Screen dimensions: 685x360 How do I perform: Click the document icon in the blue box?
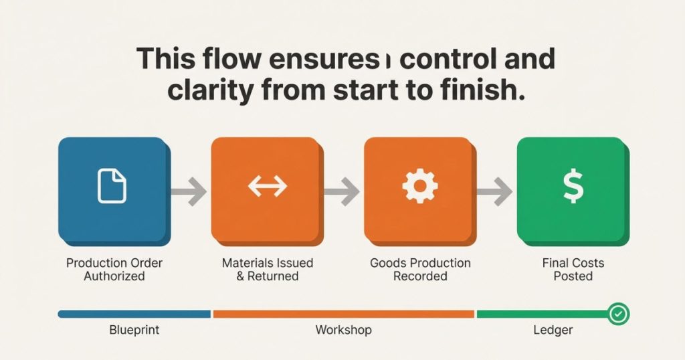112,187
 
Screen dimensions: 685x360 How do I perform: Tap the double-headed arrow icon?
268,187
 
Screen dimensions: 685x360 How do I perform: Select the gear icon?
420,185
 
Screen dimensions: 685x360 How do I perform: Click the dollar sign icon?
573,186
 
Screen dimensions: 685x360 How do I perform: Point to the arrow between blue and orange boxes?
189,191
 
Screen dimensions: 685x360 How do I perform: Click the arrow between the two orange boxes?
342,191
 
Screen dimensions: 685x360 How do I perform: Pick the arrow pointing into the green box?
494,191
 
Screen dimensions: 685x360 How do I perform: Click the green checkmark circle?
618,314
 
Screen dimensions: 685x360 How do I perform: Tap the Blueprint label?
134,330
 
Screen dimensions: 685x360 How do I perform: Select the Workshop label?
343,330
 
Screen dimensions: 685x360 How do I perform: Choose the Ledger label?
553,330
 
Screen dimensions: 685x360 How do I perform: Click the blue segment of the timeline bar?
134,314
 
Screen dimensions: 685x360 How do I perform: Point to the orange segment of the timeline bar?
343,314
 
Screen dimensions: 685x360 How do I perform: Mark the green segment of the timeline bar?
542,314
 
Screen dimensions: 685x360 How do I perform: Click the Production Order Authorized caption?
114,270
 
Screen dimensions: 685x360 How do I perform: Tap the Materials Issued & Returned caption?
268,270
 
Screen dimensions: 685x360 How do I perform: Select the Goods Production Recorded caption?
420,270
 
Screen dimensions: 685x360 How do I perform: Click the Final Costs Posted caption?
573,270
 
